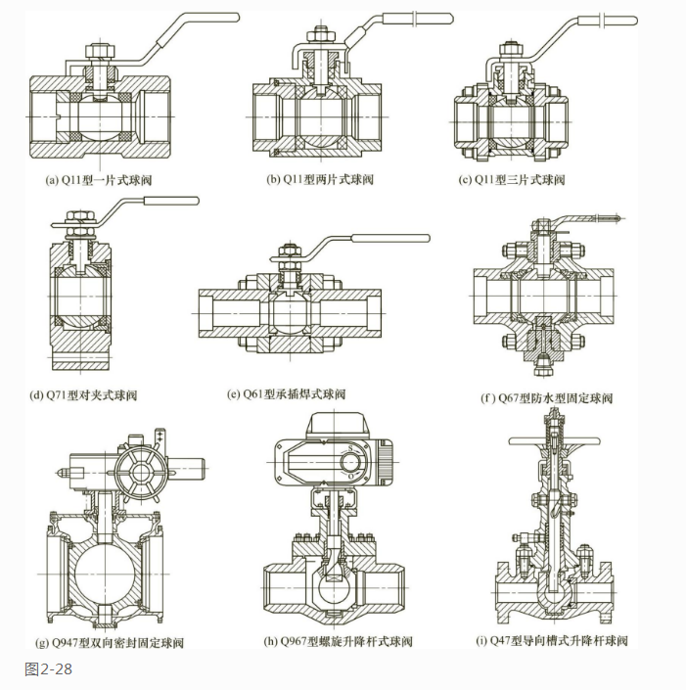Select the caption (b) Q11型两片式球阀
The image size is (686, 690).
[320, 180]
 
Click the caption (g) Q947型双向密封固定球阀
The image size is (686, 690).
[109, 643]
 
